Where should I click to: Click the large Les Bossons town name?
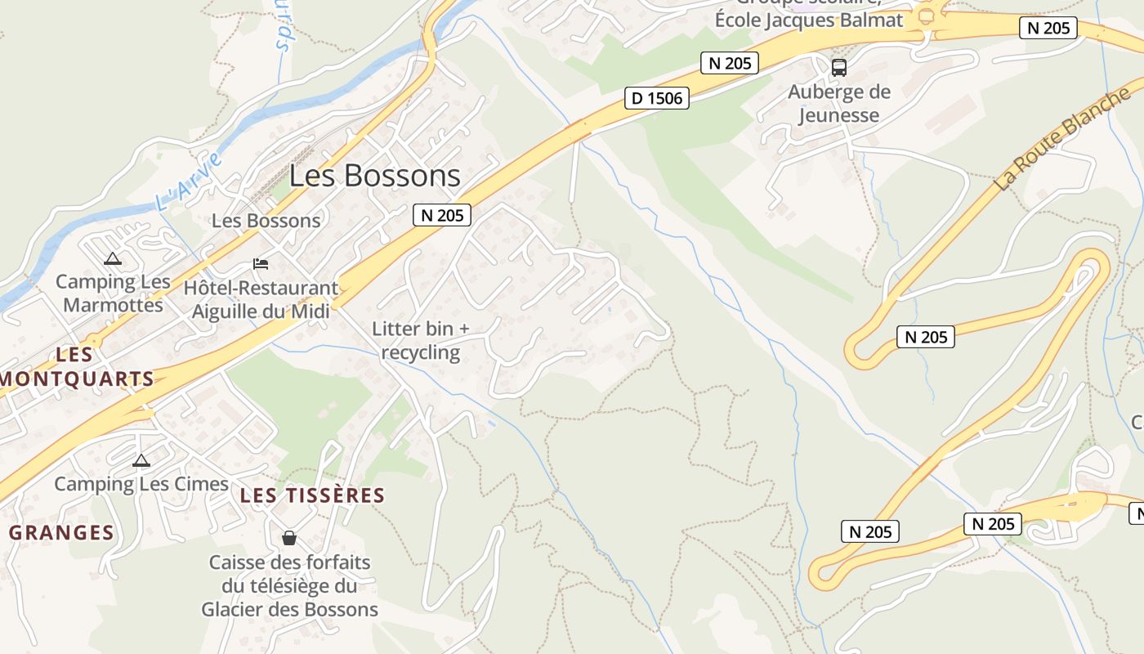click(x=375, y=176)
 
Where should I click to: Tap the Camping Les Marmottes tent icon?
click(x=113, y=259)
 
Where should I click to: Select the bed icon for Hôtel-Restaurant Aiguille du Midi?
click(x=261, y=263)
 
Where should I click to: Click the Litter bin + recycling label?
click(x=421, y=341)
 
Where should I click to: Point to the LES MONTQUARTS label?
click(x=77, y=367)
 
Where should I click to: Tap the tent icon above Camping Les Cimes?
click(x=141, y=460)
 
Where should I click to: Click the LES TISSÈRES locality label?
click(x=312, y=495)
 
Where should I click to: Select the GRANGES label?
click(x=61, y=533)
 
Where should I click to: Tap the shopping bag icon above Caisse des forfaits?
click(x=288, y=538)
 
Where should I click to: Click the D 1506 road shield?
click(x=657, y=99)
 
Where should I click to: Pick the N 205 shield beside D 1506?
click(x=730, y=63)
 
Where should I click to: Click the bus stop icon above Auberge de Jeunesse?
click(x=839, y=68)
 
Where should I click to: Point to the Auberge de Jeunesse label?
click(x=838, y=104)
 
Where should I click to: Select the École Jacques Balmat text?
click(x=809, y=20)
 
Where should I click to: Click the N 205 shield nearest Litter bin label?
click(x=442, y=215)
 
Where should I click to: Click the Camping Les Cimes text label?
click(x=141, y=484)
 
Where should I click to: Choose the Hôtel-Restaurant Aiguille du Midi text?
click(x=261, y=299)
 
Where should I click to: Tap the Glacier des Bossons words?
click(x=289, y=609)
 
